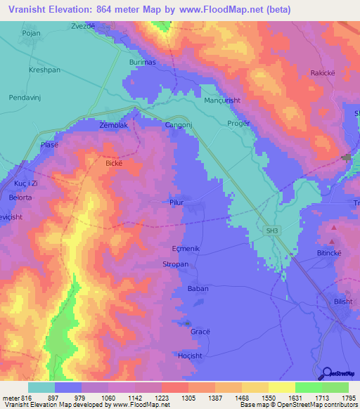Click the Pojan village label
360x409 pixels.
click(31, 33)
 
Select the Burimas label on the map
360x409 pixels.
click(141, 62)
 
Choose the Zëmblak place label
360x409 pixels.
click(114, 125)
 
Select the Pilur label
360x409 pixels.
click(176, 202)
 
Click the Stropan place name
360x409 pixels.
click(176, 266)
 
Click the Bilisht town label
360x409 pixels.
click(344, 301)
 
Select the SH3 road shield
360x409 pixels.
click(273, 230)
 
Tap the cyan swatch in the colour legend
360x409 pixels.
click(41, 387)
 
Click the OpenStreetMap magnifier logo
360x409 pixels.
click(326, 374)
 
